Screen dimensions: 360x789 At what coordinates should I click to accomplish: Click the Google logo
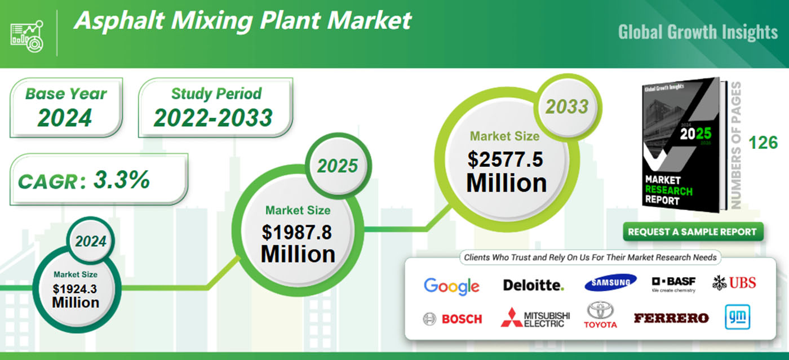click(451, 286)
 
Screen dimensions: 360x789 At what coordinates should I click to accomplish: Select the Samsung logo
click(610, 283)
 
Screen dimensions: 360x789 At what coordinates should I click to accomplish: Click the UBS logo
click(734, 283)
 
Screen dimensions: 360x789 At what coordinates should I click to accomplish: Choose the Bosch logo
click(453, 319)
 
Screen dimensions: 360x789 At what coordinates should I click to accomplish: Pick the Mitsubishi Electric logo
click(535, 318)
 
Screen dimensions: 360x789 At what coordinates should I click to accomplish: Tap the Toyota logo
click(600, 315)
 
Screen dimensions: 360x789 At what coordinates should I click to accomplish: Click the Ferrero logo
click(671, 318)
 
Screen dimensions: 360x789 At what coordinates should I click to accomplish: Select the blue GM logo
click(736, 316)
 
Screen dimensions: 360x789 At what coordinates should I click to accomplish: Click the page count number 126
click(763, 143)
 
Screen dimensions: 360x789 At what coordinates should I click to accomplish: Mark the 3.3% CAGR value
click(121, 180)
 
